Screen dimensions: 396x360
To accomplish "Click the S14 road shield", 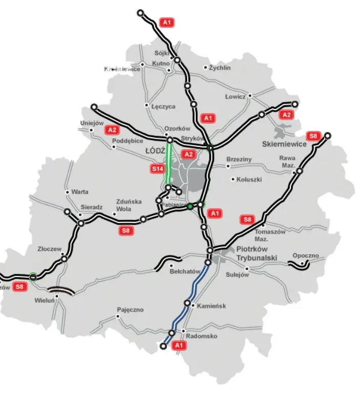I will (x=157, y=168).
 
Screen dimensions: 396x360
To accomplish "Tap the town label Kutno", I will (x=160, y=63).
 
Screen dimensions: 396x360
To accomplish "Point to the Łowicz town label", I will (x=236, y=97).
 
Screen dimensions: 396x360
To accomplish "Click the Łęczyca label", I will (x=163, y=107).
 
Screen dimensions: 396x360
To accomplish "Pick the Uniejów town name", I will (x=92, y=123).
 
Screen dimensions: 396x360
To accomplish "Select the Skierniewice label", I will (x=284, y=144).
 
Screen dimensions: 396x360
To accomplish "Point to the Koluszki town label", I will (x=249, y=179).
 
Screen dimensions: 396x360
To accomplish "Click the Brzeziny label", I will (x=239, y=160).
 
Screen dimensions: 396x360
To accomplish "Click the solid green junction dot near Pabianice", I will (x=190, y=206).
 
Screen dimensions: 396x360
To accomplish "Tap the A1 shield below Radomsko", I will (x=179, y=346).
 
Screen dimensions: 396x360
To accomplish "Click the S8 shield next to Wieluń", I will (x=19, y=287).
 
